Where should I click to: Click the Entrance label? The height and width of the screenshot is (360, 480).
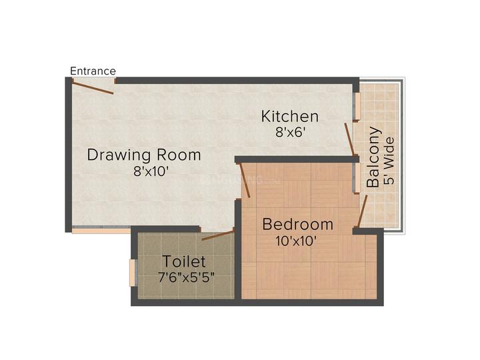(x=93, y=71)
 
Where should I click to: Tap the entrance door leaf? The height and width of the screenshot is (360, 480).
(x=93, y=87)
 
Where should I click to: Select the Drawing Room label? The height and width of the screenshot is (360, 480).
(x=144, y=155)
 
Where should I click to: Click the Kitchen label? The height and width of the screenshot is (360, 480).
(x=289, y=117)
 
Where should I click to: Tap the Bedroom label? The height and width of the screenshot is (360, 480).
(x=297, y=224)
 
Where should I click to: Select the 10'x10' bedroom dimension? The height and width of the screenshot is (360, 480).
(x=297, y=241)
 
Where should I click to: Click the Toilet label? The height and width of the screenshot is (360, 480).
(x=184, y=262)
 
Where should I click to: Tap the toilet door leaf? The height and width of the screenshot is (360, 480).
(x=218, y=235)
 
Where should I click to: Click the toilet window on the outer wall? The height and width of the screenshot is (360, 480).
(x=133, y=273)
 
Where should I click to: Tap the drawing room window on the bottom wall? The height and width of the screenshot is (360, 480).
(x=101, y=231)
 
